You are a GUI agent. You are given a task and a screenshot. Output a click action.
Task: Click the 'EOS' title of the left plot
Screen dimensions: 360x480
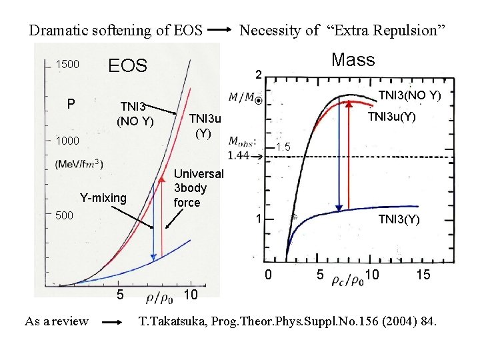(x=127, y=65)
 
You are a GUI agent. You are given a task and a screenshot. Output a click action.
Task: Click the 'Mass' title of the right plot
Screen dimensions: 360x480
(x=353, y=60)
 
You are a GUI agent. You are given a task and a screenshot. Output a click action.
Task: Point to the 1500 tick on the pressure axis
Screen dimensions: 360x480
(x=67, y=65)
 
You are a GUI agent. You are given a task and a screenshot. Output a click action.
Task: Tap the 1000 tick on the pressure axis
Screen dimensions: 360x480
(x=67, y=141)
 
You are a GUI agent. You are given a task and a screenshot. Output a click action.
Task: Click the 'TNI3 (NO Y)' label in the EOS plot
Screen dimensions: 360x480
(x=137, y=113)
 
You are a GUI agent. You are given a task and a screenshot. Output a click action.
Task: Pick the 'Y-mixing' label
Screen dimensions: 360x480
(x=103, y=197)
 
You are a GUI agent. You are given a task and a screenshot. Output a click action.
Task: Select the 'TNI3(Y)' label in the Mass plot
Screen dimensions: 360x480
(x=399, y=219)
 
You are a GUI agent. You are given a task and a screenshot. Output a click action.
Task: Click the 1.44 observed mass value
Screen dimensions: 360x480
(x=238, y=155)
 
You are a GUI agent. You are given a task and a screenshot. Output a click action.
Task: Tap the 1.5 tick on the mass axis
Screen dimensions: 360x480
(x=283, y=147)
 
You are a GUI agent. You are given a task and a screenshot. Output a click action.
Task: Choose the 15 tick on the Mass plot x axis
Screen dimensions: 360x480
(x=423, y=274)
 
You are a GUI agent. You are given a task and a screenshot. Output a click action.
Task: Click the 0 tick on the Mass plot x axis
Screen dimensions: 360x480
(x=269, y=274)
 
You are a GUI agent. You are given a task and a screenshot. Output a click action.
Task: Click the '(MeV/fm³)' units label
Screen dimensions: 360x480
(x=79, y=163)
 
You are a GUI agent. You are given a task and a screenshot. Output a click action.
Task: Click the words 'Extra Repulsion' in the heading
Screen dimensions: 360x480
(x=385, y=30)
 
